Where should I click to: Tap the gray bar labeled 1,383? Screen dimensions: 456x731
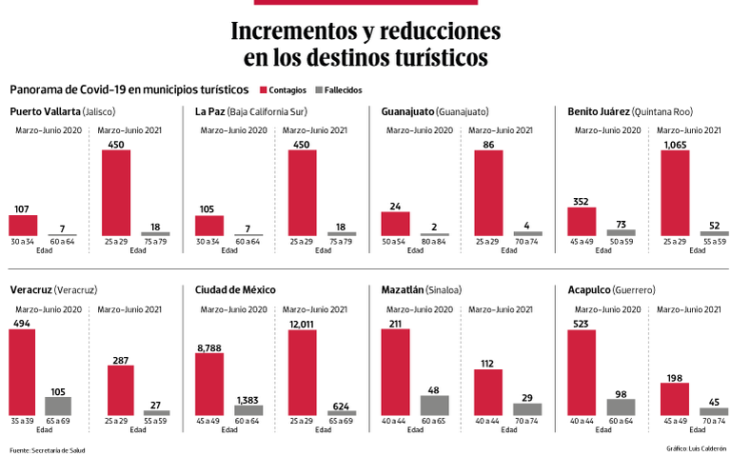[x=248, y=409]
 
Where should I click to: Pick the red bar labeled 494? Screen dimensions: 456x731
[x=23, y=373]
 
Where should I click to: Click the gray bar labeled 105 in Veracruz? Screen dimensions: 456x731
[x=58, y=406]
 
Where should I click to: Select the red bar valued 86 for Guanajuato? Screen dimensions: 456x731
[x=488, y=193]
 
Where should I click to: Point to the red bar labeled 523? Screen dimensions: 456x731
[x=582, y=373]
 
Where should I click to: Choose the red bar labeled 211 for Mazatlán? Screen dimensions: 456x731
[x=395, y=373]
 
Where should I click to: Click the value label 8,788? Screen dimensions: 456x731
[x=209, y=347]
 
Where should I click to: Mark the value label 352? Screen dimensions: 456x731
[x=582, y=201]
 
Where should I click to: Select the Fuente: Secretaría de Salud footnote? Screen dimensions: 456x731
[x=48, y=449]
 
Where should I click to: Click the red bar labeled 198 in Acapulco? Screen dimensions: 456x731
[x=674, y=399]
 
